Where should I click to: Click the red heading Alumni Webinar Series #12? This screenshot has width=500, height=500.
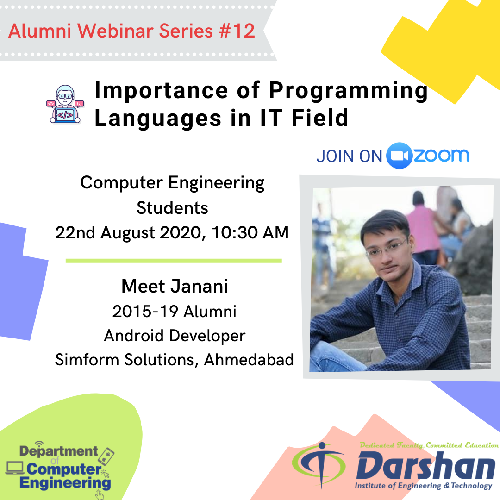pos(131,31)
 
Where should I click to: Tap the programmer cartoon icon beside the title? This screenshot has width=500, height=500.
pos(65,104)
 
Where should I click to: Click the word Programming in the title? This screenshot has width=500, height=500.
pos(348,91)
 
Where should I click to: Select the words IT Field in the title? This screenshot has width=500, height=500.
pos(304,118)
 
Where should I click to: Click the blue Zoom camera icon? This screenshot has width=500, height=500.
pos(399,156)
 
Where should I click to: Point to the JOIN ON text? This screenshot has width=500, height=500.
pos(349,156)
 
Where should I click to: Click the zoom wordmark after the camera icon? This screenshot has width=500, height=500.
pos(441,155)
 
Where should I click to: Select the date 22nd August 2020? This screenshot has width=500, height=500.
pos(129,232)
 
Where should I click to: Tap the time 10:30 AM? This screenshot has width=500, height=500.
pos(250,232)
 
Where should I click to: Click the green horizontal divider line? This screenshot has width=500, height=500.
pos(174,261)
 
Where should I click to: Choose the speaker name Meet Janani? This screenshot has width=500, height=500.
pos(175,286)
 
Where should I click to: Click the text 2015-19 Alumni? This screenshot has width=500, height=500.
pos(175,312)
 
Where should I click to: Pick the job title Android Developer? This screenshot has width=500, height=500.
pos(175,336)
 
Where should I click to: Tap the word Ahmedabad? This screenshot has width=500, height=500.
pos(249,360)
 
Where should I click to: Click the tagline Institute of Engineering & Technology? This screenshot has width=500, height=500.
pos(424,486)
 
